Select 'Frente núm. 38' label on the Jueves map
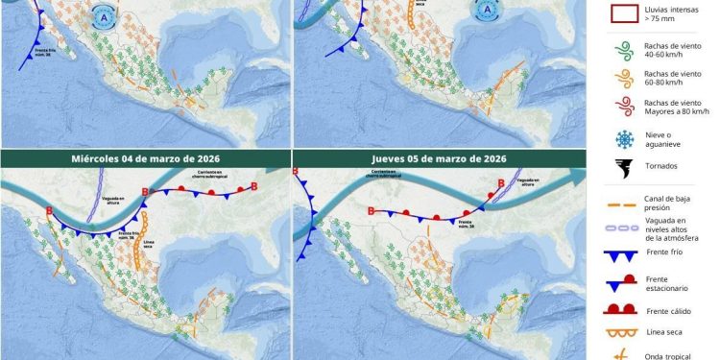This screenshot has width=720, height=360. (420, 229)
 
